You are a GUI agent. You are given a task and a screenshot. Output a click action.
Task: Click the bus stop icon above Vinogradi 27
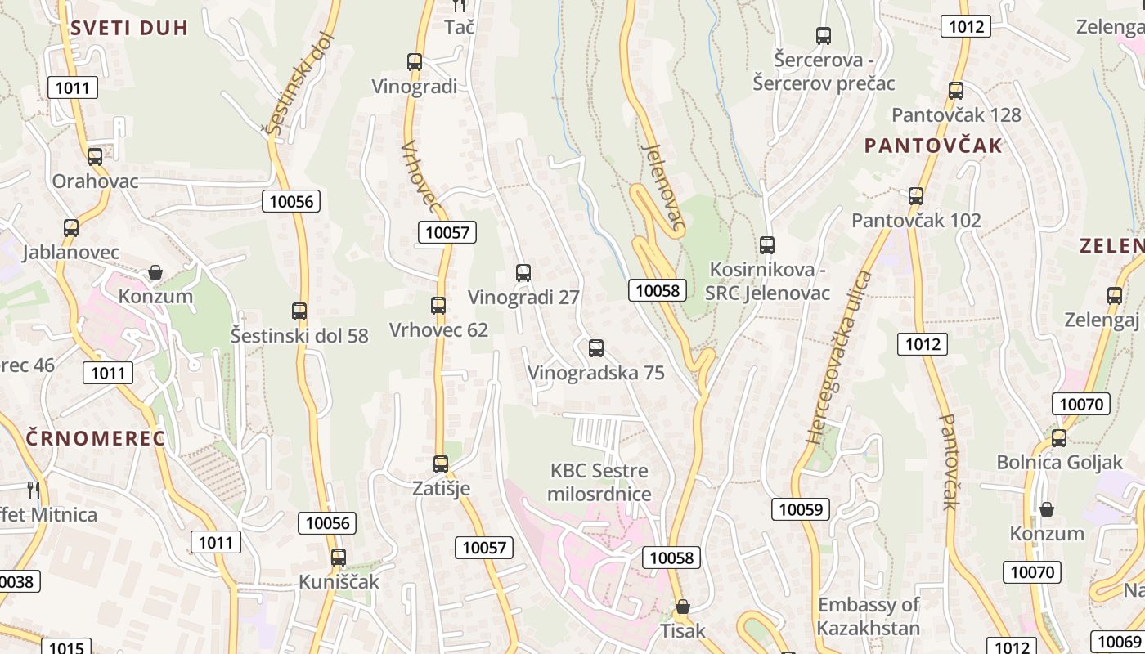pyautogui.click(x=523, y=273)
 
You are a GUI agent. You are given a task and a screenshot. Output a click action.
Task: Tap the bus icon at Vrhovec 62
pyautogui.click(x=438, y=306)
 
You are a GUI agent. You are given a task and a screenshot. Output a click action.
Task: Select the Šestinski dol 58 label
pyautogui.click(x=299, y=335)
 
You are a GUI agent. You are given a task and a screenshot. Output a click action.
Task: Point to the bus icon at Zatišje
pyautogui.click(x=441, y=464)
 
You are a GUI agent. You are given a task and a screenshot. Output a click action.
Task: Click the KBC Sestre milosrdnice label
pyautogui.click(x=599, y=482)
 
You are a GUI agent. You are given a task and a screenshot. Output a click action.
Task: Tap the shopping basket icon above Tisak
pyautogui.click(x=682, y=607)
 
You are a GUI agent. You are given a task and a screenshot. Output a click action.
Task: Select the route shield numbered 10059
pyautogui.click(x=801, y=509)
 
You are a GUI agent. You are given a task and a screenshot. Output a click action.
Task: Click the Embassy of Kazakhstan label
pyautogui.click(x=869, y=616)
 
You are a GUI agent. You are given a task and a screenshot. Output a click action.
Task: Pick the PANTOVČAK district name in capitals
pyautogui.click(x=933, y=146)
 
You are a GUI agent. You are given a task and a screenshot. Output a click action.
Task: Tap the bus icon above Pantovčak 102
pyautogui.click(x=916, y=196)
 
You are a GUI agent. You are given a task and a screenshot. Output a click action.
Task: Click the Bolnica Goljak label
pyautogui.click(x=1060, y=463)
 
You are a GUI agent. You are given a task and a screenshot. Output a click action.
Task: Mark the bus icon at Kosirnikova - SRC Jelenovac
pyautogui.click(x=767, y=244)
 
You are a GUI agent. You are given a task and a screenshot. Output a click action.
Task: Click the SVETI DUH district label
pyautogui.click(x=129, y=28)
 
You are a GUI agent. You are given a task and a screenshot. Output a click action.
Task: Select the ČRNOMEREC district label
pyautogui.click(x=95, y=438)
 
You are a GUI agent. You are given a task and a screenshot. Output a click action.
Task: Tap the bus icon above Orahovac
pyautogui.click(x=95, y=157)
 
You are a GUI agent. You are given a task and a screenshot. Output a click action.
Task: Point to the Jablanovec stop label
pyautogui.click(x=71, y=252)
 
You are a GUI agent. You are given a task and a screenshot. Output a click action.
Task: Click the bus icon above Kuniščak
pyautogui.click(x=339, y=558)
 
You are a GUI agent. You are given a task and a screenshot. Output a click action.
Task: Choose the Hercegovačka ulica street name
pyautogui.click(x=839, y=357)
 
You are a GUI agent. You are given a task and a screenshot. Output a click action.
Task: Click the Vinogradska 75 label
pyautogui.click(x=596, y=373)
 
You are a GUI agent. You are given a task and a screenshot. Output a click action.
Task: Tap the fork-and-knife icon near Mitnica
pyautogui.click(x=34, y=490)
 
